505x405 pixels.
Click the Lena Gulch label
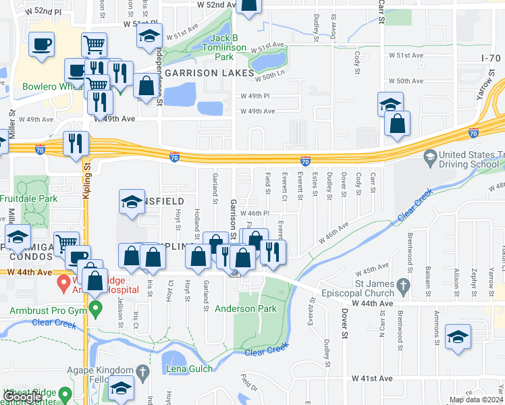click(x=190, y=369)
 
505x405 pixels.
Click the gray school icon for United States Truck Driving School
click(x=429, y=157)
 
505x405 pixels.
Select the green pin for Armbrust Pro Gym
click(x=96, y=310)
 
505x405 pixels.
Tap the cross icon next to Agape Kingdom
click(x=142, y=371)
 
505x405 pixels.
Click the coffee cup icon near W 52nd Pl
click(x=43, y=45)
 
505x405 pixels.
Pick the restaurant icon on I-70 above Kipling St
click(x=75, y=143)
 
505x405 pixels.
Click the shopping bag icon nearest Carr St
click(x=398, y=124)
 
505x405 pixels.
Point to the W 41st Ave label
click(x=377, y=379)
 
